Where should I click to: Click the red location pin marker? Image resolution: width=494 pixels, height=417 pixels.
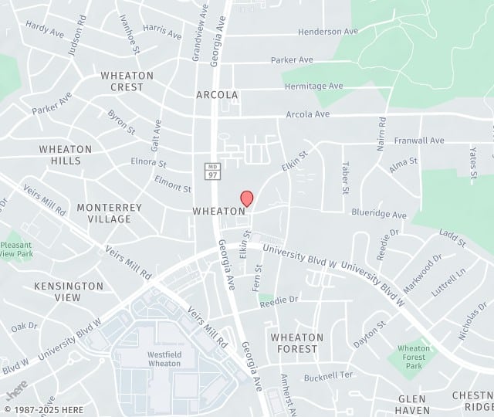click(x=247, y=198)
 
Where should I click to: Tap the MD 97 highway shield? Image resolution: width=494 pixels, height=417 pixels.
click(x=212, y=170)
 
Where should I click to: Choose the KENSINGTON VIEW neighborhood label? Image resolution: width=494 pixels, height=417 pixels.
click(x=68, y=291)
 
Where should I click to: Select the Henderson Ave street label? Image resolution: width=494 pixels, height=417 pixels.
click(x=328, y=32)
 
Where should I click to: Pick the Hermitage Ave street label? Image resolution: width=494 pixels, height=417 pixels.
click(x=313, y=86)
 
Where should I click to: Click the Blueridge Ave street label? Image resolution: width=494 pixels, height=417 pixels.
click(x=378, y=215)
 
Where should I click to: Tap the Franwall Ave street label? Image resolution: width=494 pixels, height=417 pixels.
click(x=419, y=141)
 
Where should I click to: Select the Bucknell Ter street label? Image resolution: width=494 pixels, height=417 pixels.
click(x=327, y=375)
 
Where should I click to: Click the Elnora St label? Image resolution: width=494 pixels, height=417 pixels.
click(x=148, y=164)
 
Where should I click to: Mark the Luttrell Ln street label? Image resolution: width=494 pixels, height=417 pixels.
click(x=452, y=283)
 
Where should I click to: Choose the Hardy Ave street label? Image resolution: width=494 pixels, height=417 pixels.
click(x=45, y=29)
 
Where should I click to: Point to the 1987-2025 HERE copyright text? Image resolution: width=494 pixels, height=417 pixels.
click(x=47, y=409)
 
